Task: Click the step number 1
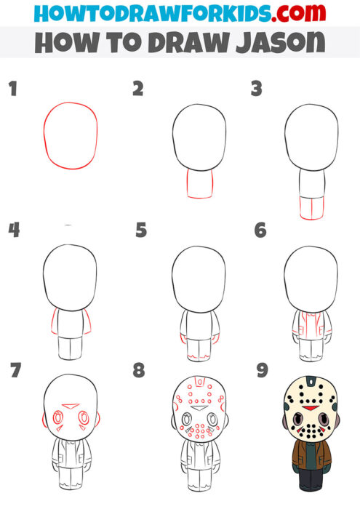[12, 89]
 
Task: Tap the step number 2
[137, 89]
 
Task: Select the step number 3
[256, 89]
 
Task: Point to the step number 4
[13, 231]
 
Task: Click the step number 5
[141, 231]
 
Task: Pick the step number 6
[260, 231]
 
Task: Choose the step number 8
[139, 370]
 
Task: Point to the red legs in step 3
[311, 208]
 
